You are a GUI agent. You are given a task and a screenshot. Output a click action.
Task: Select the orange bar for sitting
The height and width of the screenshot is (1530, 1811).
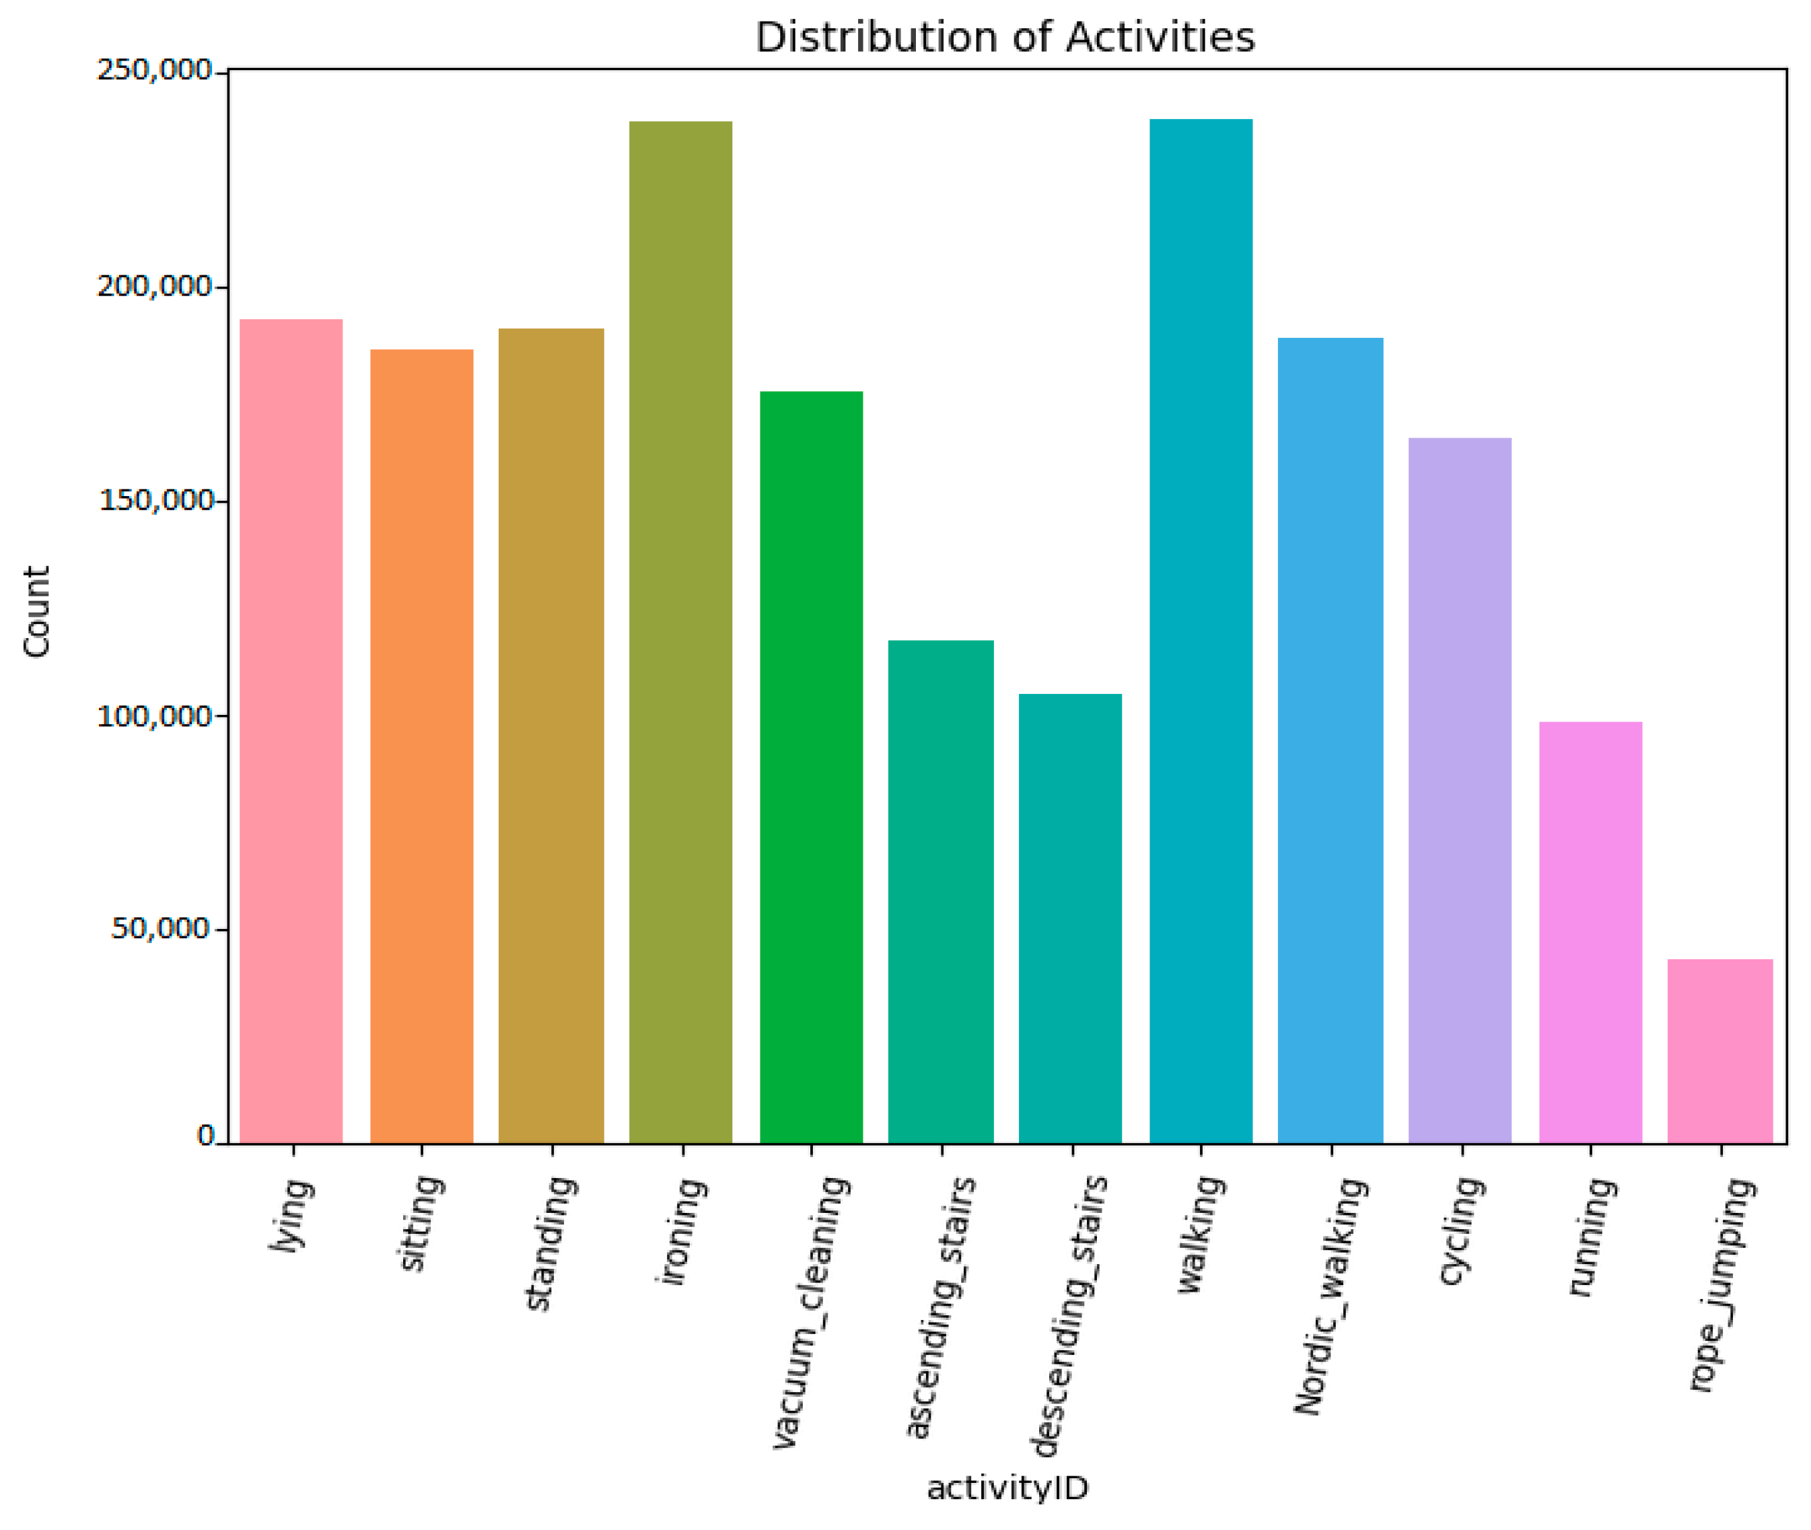tap(421, 746)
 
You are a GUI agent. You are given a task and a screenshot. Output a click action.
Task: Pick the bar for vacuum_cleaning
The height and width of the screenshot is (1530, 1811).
tap(811, 767)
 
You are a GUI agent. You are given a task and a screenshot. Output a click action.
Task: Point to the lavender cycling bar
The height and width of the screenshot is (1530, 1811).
tap(1459, 790)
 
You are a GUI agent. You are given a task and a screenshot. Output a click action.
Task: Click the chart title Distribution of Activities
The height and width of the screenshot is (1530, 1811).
tap(1004, 37)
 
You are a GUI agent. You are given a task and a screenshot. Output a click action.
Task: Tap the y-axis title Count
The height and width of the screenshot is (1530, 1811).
tap(36, 611)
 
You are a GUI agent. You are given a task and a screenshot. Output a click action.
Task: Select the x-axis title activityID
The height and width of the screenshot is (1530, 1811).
tap(1007, 1488)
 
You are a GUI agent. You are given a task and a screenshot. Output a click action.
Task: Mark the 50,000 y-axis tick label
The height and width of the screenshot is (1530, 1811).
tap(162, 929)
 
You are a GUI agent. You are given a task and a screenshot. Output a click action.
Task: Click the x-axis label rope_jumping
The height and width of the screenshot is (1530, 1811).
tap(1721, 1284)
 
